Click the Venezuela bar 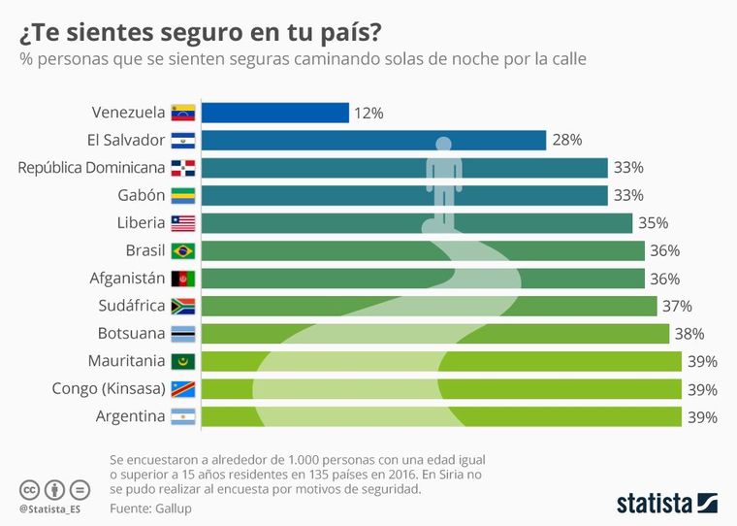pos(276,113)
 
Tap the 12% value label pos(368,113)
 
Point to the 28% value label pos(566,140)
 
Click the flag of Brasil pos(182,250)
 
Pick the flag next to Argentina pos(182,417)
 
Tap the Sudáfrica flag pos(182,307)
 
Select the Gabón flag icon pos(182,195)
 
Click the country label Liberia pos(141,222)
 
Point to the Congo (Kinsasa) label pos(109,389)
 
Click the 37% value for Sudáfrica pos(677,307)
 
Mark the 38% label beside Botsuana pos(689,334)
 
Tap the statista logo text pos(655,503)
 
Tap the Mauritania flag pos(182,362)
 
